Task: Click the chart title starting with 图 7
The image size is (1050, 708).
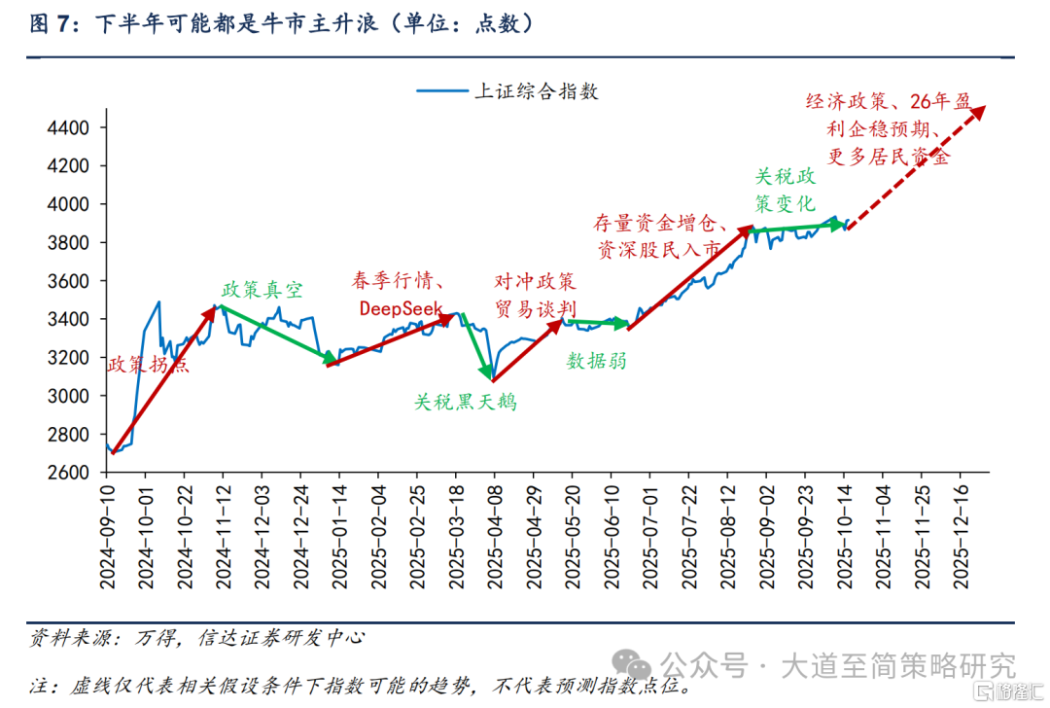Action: tap(282, 24)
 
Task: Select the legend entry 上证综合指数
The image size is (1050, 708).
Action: tap(535, 92)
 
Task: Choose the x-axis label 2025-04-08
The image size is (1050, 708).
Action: tap(494, 534)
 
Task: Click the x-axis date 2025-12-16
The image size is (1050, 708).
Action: tap(962, 534)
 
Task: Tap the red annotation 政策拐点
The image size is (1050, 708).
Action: tap(148, 365)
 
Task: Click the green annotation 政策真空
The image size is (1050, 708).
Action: tap(262, 290)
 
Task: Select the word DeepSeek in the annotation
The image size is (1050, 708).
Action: tap(401, 308)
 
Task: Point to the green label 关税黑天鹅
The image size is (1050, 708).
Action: tap(465, 401)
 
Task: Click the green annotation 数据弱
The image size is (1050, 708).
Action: tap(596, 362)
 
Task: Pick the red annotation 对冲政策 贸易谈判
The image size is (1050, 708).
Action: tap(535, 296)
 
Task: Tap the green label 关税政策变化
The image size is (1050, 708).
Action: tap(786, 191)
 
